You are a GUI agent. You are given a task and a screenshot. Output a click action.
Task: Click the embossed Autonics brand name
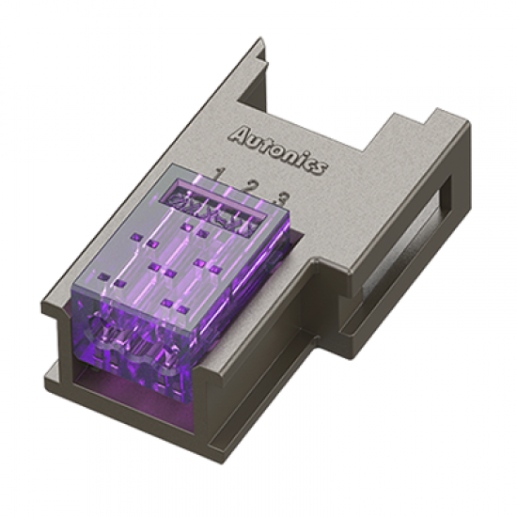pos(278,149)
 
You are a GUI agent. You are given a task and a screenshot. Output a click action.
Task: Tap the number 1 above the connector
pos(220,174)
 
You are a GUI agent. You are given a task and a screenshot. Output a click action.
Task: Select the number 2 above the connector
pos(250,185)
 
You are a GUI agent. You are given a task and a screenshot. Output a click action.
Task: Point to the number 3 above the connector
pos(281,197)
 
